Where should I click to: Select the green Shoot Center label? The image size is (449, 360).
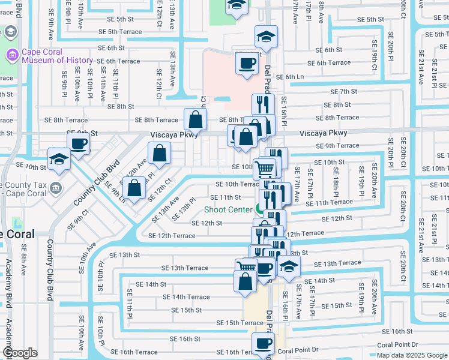tap(228, 209)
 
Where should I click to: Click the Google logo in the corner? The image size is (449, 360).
tap(20, 353)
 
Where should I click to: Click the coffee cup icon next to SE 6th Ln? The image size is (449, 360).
tap(246, 63)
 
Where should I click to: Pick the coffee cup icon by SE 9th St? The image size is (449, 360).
tap(78, 145)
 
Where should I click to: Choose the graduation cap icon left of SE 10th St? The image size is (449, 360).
tap(59, 159)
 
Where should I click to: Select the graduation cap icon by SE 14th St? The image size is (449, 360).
tap(289, 268)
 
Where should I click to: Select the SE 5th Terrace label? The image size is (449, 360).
tap(120, 32)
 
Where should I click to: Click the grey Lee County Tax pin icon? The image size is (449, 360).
tap(55, 186)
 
